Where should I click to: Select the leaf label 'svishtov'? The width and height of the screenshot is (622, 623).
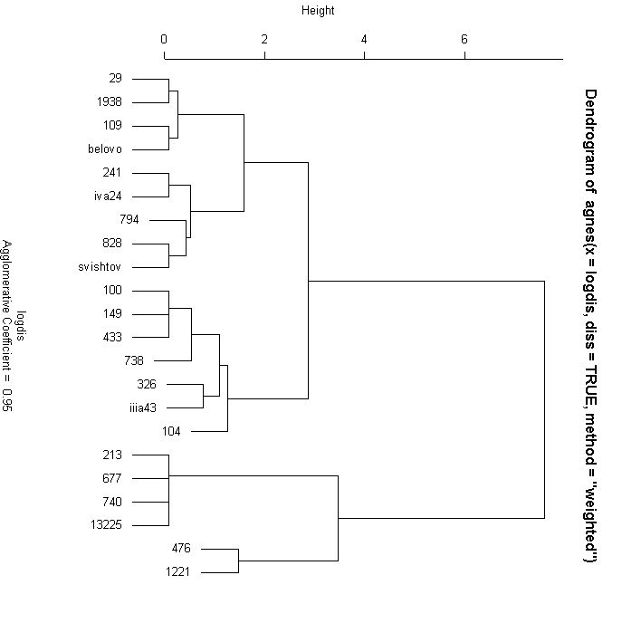click(113, 267)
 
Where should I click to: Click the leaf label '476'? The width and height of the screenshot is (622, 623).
click(180, 549)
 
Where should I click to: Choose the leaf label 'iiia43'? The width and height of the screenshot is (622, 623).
click(144, 408)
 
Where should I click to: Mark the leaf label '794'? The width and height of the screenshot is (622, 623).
click(129, 220)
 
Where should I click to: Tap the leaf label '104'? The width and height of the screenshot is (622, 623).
click(171, 432)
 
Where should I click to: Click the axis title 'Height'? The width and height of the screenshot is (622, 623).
click(317, 11)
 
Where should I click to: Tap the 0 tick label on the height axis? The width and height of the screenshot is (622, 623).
click(164, 39)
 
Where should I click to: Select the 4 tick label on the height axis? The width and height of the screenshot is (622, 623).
click(364, 39)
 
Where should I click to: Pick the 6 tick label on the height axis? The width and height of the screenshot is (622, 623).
click(464, 39)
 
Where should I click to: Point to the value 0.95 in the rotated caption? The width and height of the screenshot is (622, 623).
click(6, 398)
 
